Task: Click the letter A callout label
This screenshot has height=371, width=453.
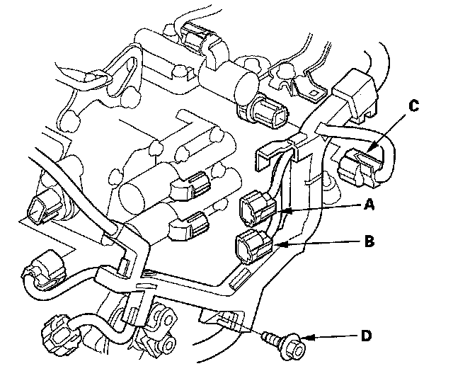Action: pos(369,205)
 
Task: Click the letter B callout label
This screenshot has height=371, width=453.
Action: pos(369,241)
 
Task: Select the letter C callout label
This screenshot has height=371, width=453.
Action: pos(414,106)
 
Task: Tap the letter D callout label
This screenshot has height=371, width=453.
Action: pos(366,336)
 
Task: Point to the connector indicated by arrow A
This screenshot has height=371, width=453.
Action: pos(258,208)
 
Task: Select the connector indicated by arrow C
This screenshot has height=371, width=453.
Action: pos(360,167)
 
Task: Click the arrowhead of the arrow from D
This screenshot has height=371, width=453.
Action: pos(306,338)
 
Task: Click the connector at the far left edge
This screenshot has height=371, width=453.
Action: pos(43,207)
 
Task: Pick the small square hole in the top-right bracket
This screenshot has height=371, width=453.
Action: pos(314,93)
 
